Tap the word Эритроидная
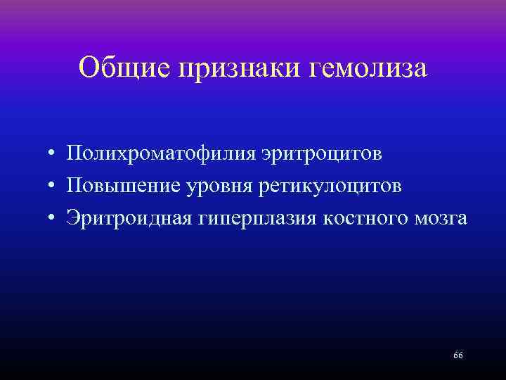pos(127,218)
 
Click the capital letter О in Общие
pos(90,68)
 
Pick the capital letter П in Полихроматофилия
pos(74,154)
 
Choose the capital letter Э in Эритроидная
pos(72,217)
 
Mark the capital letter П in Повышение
pos(74,186)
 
